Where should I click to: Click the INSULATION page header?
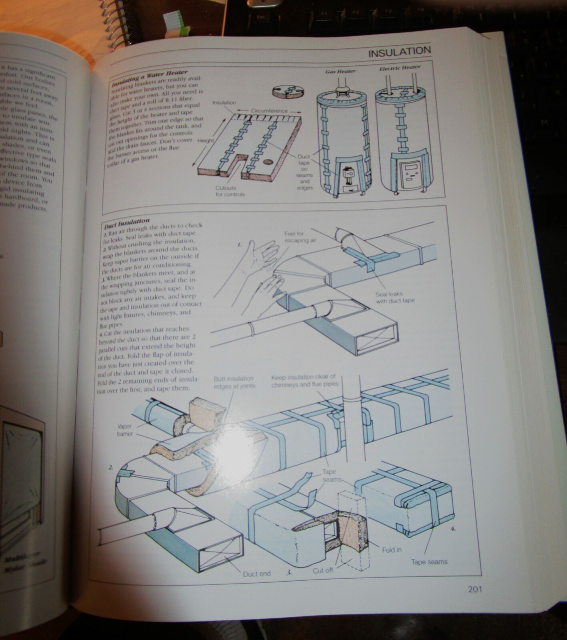coord(399,52)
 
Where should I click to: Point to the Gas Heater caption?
coord(340,71)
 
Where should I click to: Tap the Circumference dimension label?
coord(269,110)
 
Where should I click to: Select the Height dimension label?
coord(205,141)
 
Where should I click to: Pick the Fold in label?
coord(391,550)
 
